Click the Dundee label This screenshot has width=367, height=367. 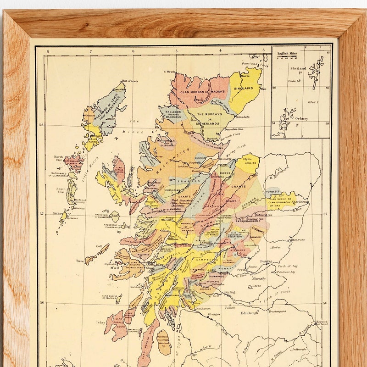[267, 261]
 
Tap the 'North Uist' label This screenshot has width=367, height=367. [59, 159]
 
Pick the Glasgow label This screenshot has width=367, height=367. [220, 314]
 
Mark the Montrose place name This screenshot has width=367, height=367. [298, 239]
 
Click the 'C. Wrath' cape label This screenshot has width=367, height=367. [170, 72]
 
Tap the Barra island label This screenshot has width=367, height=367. [57, 213]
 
